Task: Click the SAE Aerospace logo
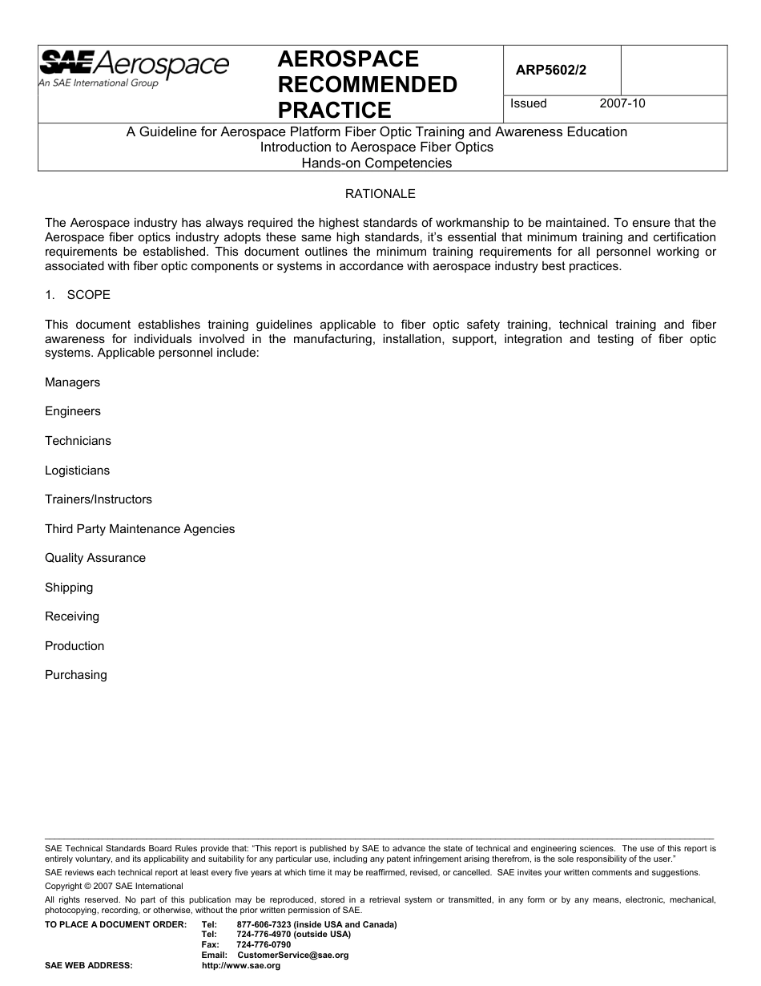pyautogui.click(x=134, y=69)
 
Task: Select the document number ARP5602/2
pyautogui.click(x=550, y=70)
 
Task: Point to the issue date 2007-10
pyautogui.click(x=622, y=103)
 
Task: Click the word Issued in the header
pyautogui.click(x=529, y=103)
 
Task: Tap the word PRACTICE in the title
pyautogui.click(x=334, y=110)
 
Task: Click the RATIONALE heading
pyautogui.click(x=380, y=194)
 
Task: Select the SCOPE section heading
pyautogui.click(x=88, y=295)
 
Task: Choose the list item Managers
pyautogui.click(x=72, y=382)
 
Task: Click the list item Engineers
pyautogui.click(x=73, y=411)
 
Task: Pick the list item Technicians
pyautogui.click(x=78, y=441)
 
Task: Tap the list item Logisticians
pyautogui.click(x=77, y=471)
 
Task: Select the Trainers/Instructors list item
pyautogui.click(x=98, y=499)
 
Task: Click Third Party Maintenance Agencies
pyautogui.click(x=139, y=529)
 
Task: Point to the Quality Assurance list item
pyautogui.click(x=95, y=558)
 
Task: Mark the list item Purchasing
pyautogui.click(x=75, y=675)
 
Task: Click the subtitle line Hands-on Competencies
pyautogui.click(x=376, y=164)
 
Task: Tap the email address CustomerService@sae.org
pyautogui.click(x=293, y=956)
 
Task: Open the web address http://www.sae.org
pyautogui.click(x=241, y=966)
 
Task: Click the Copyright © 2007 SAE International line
pyautogui.click(x=114, y=886)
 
